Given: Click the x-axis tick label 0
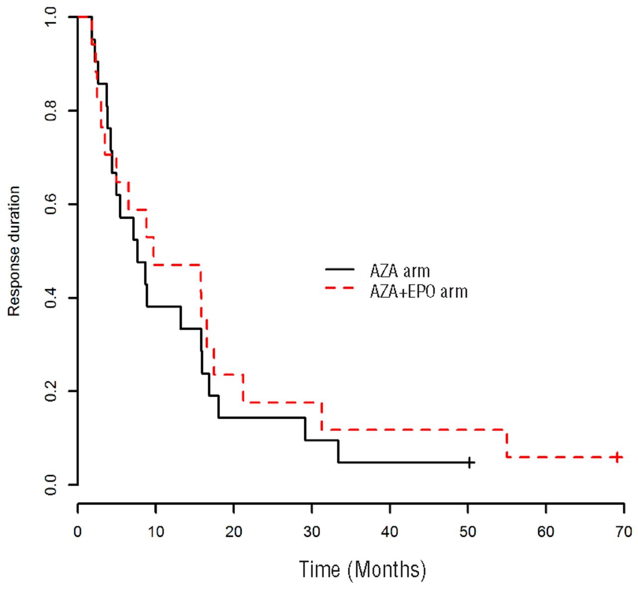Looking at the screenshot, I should coord(78,532).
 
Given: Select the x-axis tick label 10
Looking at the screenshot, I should coord(156,532).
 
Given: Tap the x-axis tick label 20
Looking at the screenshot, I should coord(233,532).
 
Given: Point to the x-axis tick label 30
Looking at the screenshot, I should coord(312,532).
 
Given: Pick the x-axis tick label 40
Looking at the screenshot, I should coord(390,532).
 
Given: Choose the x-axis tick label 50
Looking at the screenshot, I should coord(468,532).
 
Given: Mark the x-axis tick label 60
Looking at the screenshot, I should coord(546,532).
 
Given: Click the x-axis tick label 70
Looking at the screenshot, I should coord(624,532).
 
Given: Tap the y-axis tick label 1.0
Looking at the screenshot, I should coord(51,17).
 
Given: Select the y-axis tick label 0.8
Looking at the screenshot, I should coord(51,111).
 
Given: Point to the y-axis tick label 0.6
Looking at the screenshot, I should coord(51,204).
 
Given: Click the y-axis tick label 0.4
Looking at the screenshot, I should coord(51,298).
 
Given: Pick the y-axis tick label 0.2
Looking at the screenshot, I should coord(51,391).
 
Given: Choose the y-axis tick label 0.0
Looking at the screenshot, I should coord(51,484).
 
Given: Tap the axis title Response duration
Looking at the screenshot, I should coord(14,251).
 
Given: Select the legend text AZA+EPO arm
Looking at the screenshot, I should coord(419,291).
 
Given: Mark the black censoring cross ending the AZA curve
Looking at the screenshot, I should coord(469,463).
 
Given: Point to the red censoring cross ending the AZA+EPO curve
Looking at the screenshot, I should coord(618,457).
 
